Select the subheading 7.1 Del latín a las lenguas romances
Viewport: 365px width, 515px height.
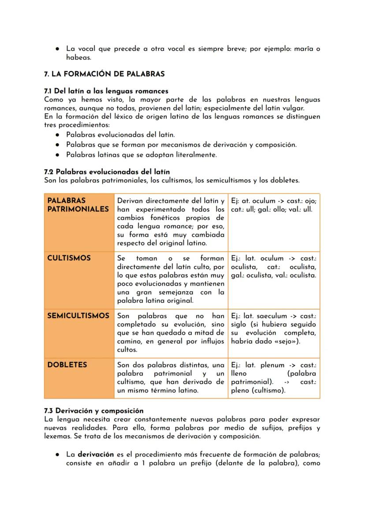pyautogui.click(x=106, y=91)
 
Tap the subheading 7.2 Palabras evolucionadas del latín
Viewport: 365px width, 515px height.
pyautogui.click(x=107, y=171)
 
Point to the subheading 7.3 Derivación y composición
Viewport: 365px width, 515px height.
pyautogui.click(x=94, y=411)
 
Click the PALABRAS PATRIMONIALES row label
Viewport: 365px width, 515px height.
pyautogui.click(x=78, y=205)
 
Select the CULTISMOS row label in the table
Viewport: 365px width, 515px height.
pyautogui.click(x=69, y=258)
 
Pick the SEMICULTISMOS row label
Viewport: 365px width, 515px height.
pyautogui.click(x=78, y=316)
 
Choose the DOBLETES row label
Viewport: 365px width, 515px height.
pyautogui.click(x=67, y=365)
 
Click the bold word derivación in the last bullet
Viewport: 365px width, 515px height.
pyautogui.click(x=97, y=455)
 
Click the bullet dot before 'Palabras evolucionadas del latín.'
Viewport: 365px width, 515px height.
pyautogui.click(x=58, y=135)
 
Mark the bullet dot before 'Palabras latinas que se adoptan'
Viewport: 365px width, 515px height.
pyautogui.click(x=58, y=155)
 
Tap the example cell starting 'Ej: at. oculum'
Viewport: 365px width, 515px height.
pyautogui.click(x=273, y=205)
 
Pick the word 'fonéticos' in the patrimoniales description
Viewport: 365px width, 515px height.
pyautogui.click(x=162, y=218)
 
